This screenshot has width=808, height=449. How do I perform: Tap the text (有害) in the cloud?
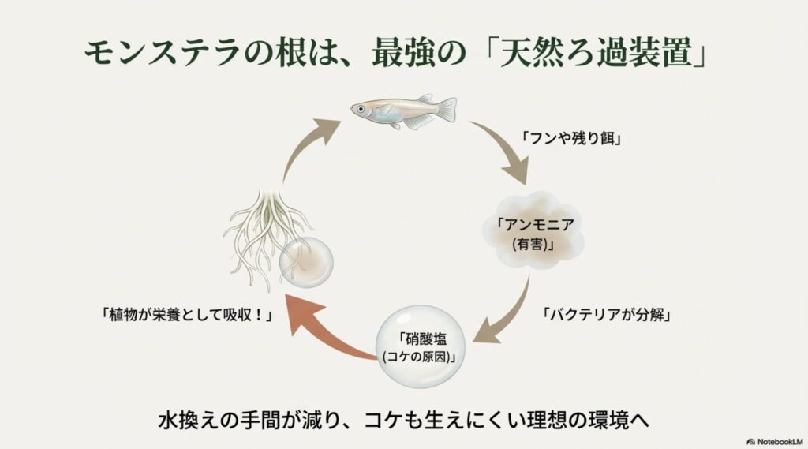pyautogui.click(x=533, y=245)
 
